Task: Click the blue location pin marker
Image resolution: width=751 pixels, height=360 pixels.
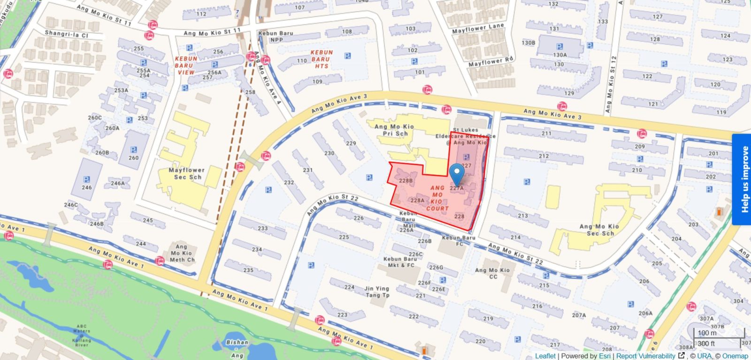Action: [x=457, y=175]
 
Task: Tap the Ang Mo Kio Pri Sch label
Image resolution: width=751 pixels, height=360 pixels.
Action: [x=394, y=130]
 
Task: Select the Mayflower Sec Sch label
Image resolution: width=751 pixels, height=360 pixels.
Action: [x=187, y=174]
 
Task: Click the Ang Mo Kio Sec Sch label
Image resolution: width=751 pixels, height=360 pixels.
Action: [x=599, y=230]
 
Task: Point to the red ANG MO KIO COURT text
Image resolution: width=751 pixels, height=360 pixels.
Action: [x=437, y=198]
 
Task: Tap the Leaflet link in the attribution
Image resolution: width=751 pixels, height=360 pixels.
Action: [x=545, y=356]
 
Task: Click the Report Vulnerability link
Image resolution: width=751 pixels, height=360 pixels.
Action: [x=645, y=356]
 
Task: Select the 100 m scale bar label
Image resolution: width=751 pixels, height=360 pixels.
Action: [x=707, y=333]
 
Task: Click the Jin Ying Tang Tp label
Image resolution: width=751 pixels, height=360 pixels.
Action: [x=376, y=292]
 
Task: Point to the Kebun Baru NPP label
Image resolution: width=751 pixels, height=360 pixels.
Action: [x=276, y=37]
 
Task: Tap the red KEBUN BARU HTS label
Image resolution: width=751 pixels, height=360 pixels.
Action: [x=321, y=59]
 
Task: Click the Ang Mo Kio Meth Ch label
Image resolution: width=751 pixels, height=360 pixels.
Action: [x=182, y=253]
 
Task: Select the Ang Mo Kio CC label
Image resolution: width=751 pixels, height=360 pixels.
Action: [x=492, y=273]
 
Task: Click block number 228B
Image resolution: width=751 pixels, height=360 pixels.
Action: [x=406, y=180]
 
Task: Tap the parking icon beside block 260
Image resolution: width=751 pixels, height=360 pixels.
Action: [x=133, y=150]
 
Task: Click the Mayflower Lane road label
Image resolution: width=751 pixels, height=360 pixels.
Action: [x=478, y=28]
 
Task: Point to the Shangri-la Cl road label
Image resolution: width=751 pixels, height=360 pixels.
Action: [x=66, y=34]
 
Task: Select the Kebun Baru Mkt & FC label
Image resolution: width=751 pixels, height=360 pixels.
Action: [x=399, y=262]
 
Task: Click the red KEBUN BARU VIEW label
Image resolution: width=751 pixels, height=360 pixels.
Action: [x=186, y=66]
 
